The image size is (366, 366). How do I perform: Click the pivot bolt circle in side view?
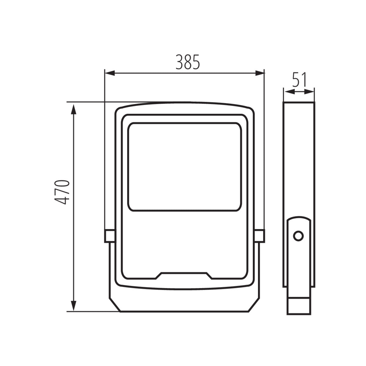[298, 235]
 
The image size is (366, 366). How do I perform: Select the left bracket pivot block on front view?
[109, 236]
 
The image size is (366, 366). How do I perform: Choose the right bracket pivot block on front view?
[260, 236]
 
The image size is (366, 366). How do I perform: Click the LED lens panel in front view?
[185, 167]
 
